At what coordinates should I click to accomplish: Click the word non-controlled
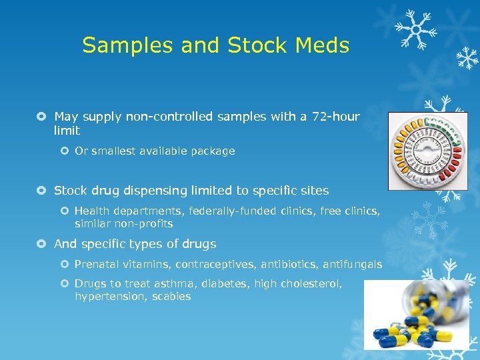point(175,117)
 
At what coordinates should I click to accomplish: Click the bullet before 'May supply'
point(42,117)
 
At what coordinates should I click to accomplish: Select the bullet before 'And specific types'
point(42,244)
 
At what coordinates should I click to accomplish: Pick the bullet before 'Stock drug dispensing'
point(42,191)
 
